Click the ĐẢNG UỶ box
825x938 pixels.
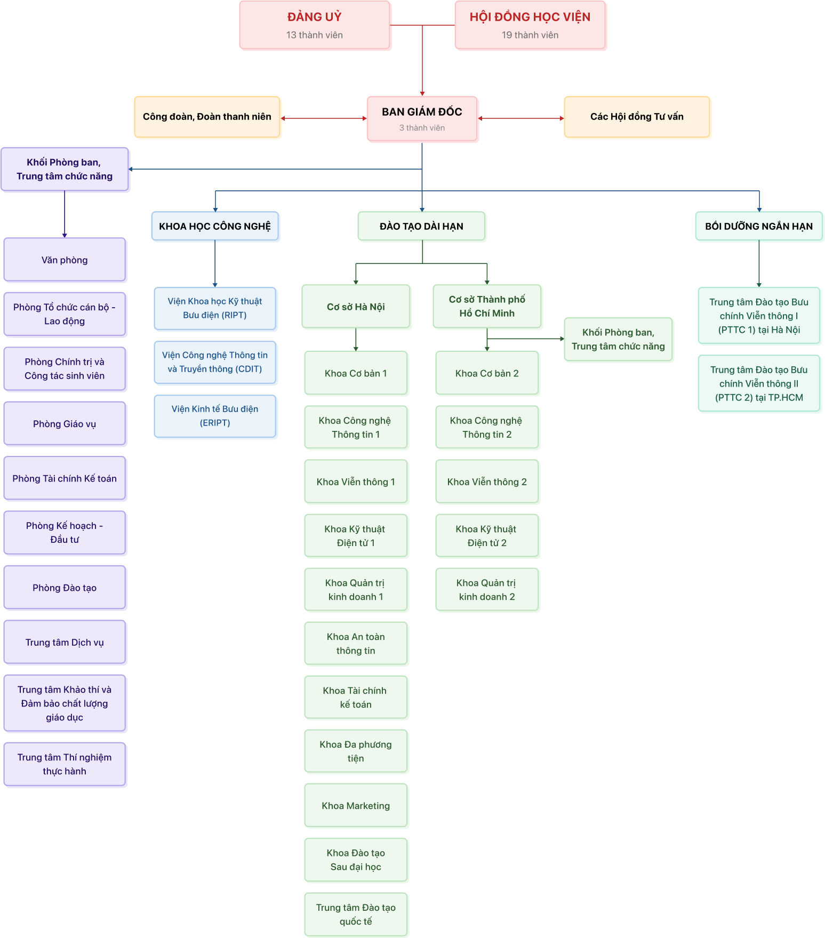[x=315, y=25]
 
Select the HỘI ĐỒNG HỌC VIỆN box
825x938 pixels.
[x=530, y=25]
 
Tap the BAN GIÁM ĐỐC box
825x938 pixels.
[x=422, y=119]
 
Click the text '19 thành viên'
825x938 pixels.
[x=530, y=35]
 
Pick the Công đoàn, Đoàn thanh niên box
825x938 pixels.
[x=207, y=117]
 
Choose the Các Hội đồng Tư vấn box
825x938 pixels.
[x=637, y=117]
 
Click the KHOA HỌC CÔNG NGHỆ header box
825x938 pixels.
[x=215, y=226]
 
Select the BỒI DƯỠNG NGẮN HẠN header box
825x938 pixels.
[x=759, y=226]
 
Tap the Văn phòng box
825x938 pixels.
[x=65, y=260]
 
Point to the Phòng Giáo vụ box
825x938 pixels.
[x=65, y=424]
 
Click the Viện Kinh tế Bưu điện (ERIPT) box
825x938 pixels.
[x=215, y=416]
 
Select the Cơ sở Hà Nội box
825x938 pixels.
[x=356, y=307]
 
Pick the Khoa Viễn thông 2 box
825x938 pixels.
[x=487, y=482]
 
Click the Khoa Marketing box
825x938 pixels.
[x=356, y=806]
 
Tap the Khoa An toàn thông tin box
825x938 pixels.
[x=356, y=644]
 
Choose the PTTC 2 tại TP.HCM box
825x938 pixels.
[x=759, y=383]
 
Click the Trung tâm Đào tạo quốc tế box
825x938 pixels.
[x=356, y=915]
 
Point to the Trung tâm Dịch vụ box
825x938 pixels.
[x=65, y=643]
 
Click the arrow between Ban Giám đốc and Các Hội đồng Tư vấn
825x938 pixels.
[x=521, y=118]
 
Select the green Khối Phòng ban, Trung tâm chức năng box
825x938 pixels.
[x=618, y=339]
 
